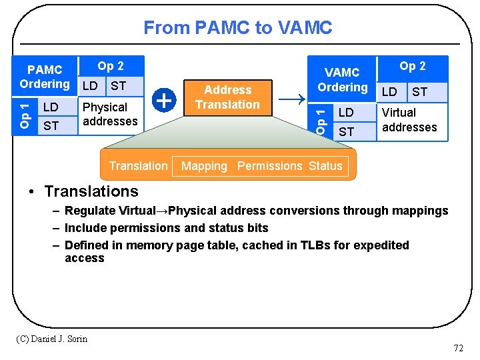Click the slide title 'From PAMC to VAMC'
[237, 27]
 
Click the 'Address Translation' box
[227, 97]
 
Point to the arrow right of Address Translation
[290, 100]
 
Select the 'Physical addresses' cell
[110, 114]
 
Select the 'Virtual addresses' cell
[409, 120]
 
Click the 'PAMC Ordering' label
[45, 77]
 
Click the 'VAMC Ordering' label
[342, 79]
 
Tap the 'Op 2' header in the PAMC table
[111, 65]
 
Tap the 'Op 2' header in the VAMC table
[413, 65]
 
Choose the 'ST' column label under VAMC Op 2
[419, 91]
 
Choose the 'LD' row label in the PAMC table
[51, 107]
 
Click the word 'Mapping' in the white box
[204, 166]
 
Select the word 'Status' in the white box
[325, 166]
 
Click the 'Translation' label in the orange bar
[138, 166]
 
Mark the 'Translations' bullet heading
[91, 191]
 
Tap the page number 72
[458, 348]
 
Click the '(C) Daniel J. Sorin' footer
[51, 339]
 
